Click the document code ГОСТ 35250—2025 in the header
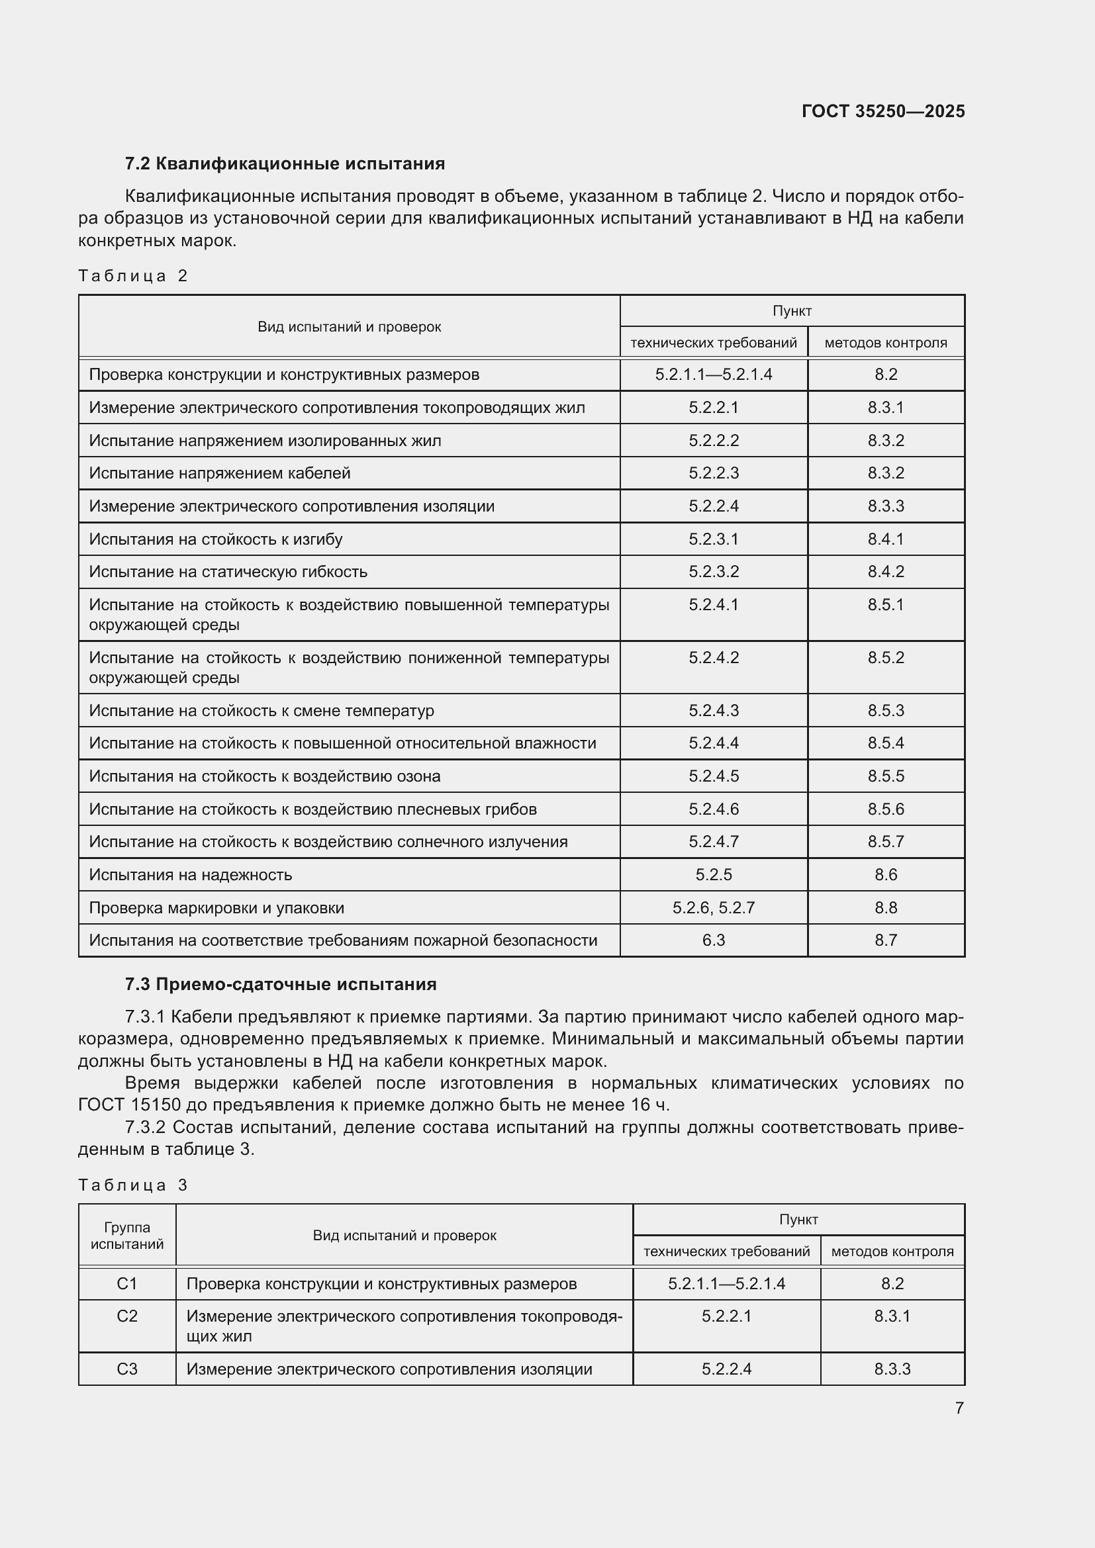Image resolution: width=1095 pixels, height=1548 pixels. coord(882,111)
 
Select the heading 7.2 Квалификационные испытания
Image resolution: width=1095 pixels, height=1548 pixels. coord(285,164)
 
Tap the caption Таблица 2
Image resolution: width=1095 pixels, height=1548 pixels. coord(133,276)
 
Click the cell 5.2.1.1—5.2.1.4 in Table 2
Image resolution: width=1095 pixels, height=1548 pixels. coord(714,374)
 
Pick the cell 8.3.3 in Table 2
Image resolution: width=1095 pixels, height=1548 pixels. coord(885,506)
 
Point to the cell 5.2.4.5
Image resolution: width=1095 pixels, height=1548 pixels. coord(714,776)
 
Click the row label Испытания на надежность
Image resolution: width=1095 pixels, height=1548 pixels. coord(191,874)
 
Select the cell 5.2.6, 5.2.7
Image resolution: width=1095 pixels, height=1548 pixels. coord(714,907)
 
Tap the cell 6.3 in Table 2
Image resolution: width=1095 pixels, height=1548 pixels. coord(714,940)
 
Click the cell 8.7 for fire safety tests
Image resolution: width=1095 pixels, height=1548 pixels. coord(885,940)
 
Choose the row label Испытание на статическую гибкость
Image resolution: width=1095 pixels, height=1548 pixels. coord(228,572)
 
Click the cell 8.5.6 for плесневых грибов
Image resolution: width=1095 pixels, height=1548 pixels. coord(885,809)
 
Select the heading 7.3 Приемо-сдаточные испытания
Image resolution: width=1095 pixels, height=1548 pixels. coord(281,984)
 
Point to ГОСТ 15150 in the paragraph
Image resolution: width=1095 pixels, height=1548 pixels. coord(130,1105)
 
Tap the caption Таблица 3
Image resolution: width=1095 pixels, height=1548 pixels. coord(133,1185)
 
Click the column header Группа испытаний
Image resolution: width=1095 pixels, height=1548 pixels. coord(126,1236)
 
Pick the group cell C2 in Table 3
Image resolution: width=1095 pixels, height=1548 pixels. coord(126,1316)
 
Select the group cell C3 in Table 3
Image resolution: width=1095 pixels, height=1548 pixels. coord(126,1369)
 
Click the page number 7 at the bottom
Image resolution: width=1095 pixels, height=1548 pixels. coord(959,1408)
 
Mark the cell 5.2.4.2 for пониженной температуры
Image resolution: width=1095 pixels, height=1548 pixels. coord(714,657)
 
